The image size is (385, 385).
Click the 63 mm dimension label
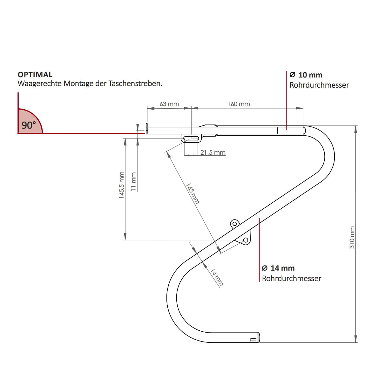click(169, 104)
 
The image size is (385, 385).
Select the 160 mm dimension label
click(239, 104)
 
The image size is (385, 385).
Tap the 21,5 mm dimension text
click(213, 152)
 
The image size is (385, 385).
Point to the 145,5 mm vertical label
click(121, 185)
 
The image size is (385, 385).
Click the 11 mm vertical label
click(134, 182)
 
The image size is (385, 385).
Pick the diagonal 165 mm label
click(193, 193)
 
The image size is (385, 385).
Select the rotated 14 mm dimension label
click(217, 277)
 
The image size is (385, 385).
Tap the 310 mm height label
click(352, 238)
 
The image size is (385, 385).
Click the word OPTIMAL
click(35, 75)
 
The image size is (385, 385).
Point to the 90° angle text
click(29, 125)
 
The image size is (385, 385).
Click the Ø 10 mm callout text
click(306, 75)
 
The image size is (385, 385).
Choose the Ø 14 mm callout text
click(278, 268)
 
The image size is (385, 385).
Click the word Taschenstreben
click(135, 84)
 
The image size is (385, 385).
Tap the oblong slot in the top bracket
click(191, 138)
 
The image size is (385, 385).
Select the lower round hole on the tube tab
click(246, 240)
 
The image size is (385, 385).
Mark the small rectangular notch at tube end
click(253, 340)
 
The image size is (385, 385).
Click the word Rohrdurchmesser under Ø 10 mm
click(319, 85)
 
